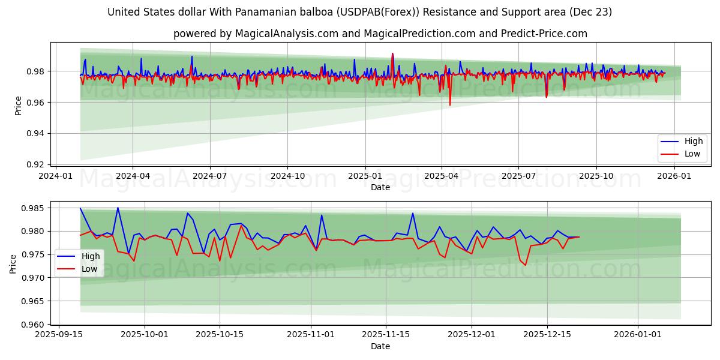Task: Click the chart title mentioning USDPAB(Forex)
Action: [x=360, y=12]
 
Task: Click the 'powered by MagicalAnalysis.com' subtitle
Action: [x=380, y=34]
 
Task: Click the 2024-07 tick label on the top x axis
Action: [x=210, y=176]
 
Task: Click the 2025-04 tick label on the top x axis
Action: [x=442, y=176]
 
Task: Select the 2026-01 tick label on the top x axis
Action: [x=675, y=176]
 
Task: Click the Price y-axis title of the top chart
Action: [x=19, y=106]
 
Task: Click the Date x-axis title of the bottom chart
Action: [x=380, y=346]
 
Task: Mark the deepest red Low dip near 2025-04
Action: [x=450, y=106]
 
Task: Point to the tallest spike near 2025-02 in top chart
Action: [x=392, y=53]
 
